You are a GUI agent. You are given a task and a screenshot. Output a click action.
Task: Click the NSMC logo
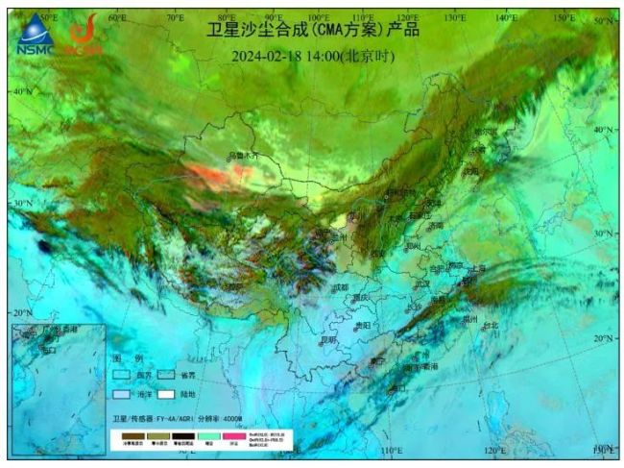(x=36, y=37)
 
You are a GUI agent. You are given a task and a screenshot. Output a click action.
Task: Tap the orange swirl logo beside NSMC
(x=84, y=37)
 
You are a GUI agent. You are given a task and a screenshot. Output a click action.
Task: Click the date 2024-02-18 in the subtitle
(x=273, y=56)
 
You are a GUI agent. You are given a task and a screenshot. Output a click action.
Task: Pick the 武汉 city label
(x=422, y=283)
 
